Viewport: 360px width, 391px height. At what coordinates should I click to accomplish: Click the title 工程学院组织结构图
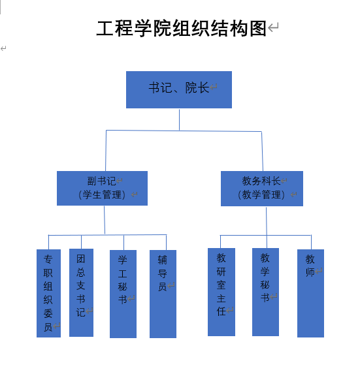coord(182,28)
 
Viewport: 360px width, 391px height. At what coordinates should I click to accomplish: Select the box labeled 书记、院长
coord(179,90)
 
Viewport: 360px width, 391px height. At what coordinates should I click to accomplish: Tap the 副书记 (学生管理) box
coord(102,188)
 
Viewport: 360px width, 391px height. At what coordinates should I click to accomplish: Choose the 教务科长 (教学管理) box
coord(262,189)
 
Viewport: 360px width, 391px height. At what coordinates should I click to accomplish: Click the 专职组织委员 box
coord(49,293)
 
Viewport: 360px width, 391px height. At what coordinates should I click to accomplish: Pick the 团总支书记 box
coord(82,292)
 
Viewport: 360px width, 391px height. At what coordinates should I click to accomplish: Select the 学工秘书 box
coord(123,294)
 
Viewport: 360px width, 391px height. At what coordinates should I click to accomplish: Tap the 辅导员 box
coord(163,294)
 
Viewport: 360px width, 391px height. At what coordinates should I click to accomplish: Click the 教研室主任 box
coord(221,292)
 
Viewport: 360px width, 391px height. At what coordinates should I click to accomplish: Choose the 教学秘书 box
coord(265,292)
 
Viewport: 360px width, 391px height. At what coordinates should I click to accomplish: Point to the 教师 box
coord(310,293)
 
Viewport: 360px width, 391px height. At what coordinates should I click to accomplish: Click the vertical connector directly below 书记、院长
coord(179,119)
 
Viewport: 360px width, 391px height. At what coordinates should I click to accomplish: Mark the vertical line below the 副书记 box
coord(105,220)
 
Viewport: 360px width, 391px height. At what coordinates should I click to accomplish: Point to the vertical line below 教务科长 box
coord(267,221)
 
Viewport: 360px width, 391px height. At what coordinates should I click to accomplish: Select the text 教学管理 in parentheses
coord(261,195)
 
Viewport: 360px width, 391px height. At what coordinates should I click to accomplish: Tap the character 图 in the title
coord(258,28)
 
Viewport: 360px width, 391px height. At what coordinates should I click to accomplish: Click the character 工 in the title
coord(105,28)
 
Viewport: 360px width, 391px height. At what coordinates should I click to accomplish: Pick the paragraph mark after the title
coord(273,27)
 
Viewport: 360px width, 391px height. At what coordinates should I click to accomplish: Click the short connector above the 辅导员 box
coord(166,242)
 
